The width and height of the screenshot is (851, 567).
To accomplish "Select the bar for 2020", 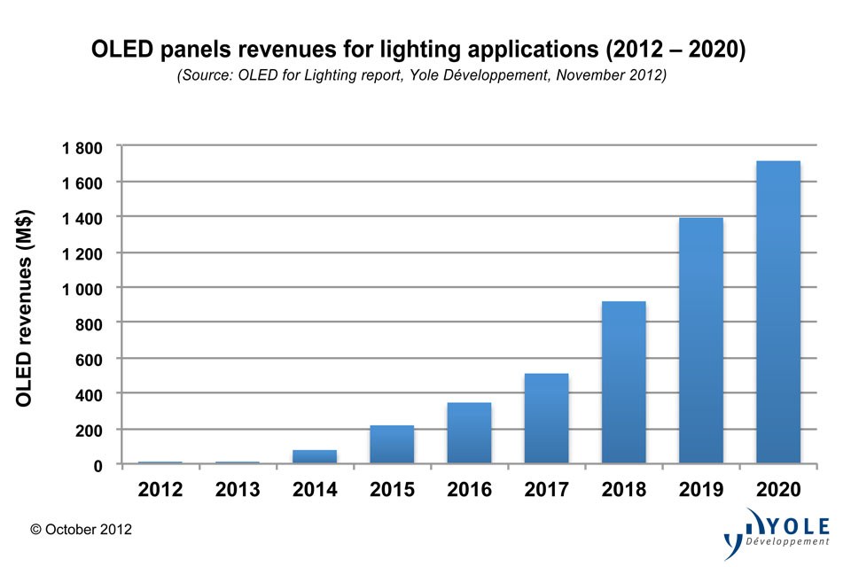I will coord(777,312).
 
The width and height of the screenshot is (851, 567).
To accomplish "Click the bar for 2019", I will coord(700,340).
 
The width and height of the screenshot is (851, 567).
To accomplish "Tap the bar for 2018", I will coord(623,382).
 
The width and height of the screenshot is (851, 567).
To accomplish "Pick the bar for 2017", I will coord(546,418).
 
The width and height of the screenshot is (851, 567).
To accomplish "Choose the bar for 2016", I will coord(469,432).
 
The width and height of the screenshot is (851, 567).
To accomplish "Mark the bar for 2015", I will coord(392,444).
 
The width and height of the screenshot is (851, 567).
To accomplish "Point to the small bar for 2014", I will coord(315,456).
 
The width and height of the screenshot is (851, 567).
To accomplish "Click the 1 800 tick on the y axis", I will coord(82,147).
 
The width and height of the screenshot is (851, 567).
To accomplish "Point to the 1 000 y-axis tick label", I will coord(82,289).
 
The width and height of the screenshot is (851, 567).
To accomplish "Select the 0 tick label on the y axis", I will coord(98,465).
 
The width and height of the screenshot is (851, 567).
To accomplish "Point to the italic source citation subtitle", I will coord(422,76).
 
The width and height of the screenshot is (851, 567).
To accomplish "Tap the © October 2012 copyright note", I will coord(81,529).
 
